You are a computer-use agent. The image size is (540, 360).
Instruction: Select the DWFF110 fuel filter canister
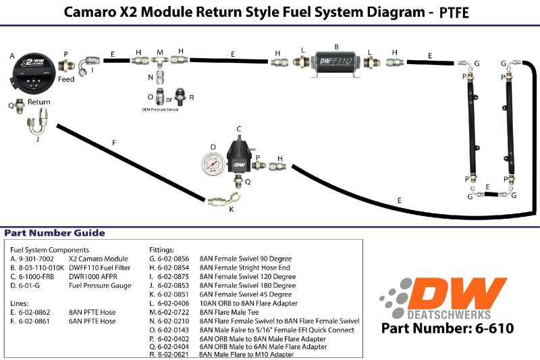coord(336,61)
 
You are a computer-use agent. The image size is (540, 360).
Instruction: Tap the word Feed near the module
coord(66,79)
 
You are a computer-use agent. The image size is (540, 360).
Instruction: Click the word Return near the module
coord(39,103)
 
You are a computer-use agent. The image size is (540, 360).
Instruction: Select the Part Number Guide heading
coord(55,233)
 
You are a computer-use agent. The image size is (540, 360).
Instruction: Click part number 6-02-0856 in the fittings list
coord(171,259)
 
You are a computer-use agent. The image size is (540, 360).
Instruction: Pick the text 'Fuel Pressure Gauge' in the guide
coord(101,286)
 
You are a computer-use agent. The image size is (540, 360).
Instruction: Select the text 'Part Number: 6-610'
coord(448,329)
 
